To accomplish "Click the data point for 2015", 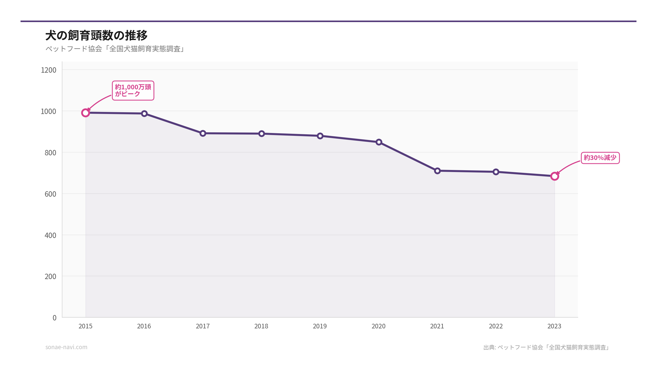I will (85, 113).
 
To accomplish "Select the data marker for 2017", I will (203, 133).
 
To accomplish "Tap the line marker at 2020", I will (379, 142).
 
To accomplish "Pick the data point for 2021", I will (437, 171).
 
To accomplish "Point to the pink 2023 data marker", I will (555, 176).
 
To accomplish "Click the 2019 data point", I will (320, 136).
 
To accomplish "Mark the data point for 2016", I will (144, 113).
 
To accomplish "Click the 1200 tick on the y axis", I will (49, 70).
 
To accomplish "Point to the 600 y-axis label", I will (50, 194).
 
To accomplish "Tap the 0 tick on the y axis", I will (54, 318).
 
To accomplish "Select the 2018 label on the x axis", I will (261, 326).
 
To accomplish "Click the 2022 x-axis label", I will (496, 326).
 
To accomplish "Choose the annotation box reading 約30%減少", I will (600, 158).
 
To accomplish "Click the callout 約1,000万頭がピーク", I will (133, 90).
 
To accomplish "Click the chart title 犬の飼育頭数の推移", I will (96, 35).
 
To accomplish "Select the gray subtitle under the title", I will (115, 49).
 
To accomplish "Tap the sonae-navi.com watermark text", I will (66, 347).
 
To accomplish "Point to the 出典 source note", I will (546, 347).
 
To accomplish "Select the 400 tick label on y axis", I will (50, 235).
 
